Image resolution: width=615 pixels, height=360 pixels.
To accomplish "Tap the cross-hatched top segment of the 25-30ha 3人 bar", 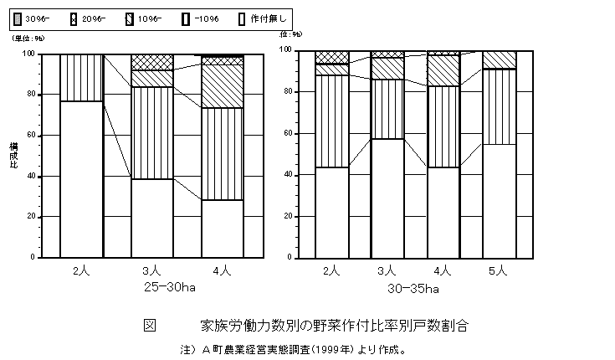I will point(151,62).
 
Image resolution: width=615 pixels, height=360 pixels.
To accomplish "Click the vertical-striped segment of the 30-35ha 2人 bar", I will point(331,121).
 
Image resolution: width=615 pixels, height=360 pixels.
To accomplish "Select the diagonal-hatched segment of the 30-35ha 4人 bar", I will point(443,70).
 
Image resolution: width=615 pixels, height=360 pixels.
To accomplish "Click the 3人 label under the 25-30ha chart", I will point(151,271).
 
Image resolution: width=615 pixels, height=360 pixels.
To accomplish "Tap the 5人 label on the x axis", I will point(500,270).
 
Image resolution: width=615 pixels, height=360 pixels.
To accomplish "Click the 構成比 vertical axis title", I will point(13,155).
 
